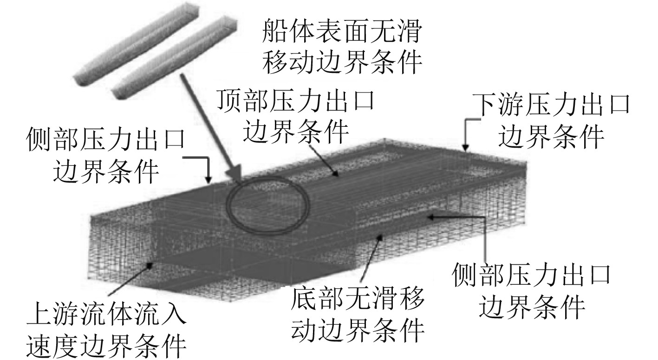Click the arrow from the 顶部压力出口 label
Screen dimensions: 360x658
pyautogui.click(x=326, y=160)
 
